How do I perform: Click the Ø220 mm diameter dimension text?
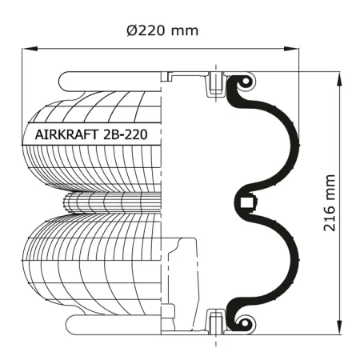[x=162, y=30]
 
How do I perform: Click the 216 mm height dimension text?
[x=329, y=202]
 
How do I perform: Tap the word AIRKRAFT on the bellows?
[x=66, y=134]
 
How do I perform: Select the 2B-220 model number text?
[x=125, y=134]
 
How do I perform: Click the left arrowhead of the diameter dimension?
[x=30, y=49]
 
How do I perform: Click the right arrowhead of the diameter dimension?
[x=291, y=49]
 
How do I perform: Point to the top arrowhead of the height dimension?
[x=339, y=79]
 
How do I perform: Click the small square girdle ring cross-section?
[x=246, y=203]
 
